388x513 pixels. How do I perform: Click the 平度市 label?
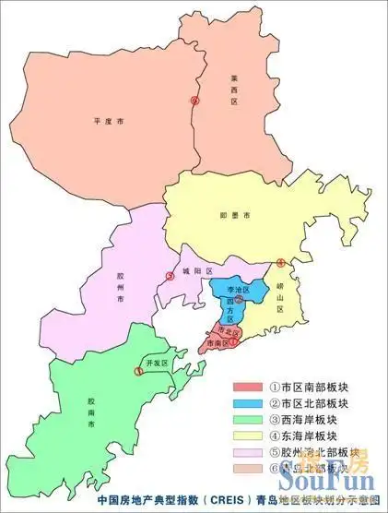click(108, 120)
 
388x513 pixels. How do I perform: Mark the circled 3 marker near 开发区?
click(138, 371)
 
